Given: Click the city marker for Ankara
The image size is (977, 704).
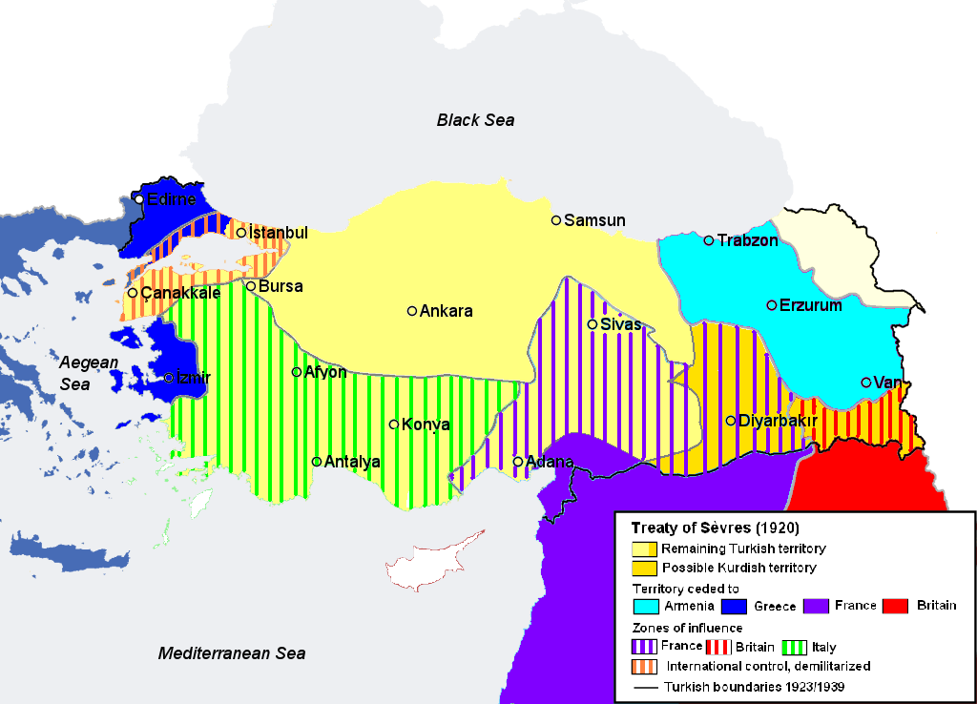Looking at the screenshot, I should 412,311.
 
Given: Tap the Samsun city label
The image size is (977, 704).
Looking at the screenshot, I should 594,220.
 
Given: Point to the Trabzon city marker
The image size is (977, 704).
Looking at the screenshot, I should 709,240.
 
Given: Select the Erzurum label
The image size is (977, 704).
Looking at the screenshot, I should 811,305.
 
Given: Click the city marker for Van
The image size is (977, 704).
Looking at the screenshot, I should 866,383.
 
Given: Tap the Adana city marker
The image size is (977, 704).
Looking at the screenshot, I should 518,462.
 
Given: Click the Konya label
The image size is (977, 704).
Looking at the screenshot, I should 426,424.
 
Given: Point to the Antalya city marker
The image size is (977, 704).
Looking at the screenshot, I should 317,462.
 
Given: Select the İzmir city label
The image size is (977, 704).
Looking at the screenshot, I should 193,378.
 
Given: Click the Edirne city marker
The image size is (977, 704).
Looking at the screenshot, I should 139,199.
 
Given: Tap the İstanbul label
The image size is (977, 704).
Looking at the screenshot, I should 278,233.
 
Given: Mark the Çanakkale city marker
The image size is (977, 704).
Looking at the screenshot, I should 133,293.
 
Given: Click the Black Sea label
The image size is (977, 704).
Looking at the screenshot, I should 475,119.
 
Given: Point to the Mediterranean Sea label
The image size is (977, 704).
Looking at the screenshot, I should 232,653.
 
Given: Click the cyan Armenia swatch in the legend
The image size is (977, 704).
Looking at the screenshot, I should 645,606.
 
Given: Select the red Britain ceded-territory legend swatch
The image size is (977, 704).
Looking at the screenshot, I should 894,606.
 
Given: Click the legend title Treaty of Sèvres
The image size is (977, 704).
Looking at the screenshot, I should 715,528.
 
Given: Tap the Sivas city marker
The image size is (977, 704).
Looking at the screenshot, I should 592,324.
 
